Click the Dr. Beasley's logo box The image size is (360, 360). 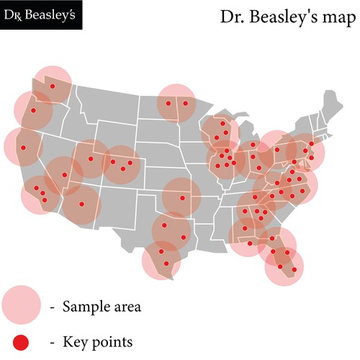tap(41, 15)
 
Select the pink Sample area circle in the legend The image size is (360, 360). tap(22, 305)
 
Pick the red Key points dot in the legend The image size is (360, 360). tap(22, 340)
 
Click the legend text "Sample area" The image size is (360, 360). tap(102, 307)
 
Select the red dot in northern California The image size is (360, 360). tap(22, 148)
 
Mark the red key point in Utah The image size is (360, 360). tap(91, 158)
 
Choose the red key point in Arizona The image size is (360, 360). tap(82, 204)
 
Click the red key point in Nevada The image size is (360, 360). tap(63, 175)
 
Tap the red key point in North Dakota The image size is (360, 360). tap(168, 103)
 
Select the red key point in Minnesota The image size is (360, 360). tap(185, 103)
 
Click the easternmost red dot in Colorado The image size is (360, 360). tap(131, 163)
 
